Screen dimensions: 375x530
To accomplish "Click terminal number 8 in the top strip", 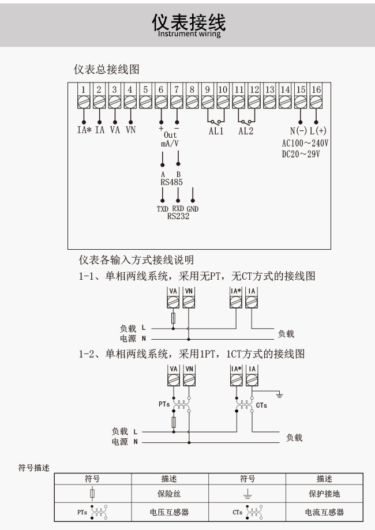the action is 192,89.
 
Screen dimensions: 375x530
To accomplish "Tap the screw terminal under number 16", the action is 316,102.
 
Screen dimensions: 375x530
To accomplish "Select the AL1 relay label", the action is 216,131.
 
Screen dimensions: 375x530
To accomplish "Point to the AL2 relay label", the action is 246,131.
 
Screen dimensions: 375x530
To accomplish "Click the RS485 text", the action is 171,182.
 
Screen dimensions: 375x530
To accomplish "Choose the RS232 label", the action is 178,216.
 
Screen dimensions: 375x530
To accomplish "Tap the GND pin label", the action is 192,209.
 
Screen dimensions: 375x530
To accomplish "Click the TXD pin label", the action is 163,209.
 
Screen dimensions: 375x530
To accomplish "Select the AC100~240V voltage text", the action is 305,143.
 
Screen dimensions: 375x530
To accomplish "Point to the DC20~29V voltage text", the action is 301,154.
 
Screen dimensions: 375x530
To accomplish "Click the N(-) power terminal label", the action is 298,131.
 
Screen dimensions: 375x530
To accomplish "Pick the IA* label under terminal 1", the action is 84,130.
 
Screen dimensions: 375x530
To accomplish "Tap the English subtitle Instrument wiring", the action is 189,33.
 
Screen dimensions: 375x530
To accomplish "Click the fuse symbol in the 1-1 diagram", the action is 174,318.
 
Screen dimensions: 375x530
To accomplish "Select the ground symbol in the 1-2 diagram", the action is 279,394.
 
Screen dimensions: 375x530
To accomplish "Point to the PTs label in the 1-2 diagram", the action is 164,404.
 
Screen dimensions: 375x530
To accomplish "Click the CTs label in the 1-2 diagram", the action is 261,405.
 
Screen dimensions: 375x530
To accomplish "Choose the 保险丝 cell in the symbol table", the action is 169,494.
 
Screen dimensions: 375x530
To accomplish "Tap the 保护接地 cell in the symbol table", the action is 324,494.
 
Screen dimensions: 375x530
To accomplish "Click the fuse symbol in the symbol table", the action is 92,494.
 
